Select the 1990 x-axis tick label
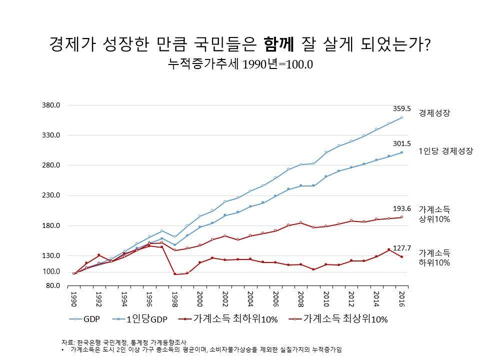[x=73, y=298]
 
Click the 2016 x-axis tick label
[x=401, y=298]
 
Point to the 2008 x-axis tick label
[x=300, y=298]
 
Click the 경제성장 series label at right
[x=434, y=113]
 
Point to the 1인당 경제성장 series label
[x=445, y=150]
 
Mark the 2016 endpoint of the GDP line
[x=401, y=117]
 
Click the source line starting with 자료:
[x=131, y=342]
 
